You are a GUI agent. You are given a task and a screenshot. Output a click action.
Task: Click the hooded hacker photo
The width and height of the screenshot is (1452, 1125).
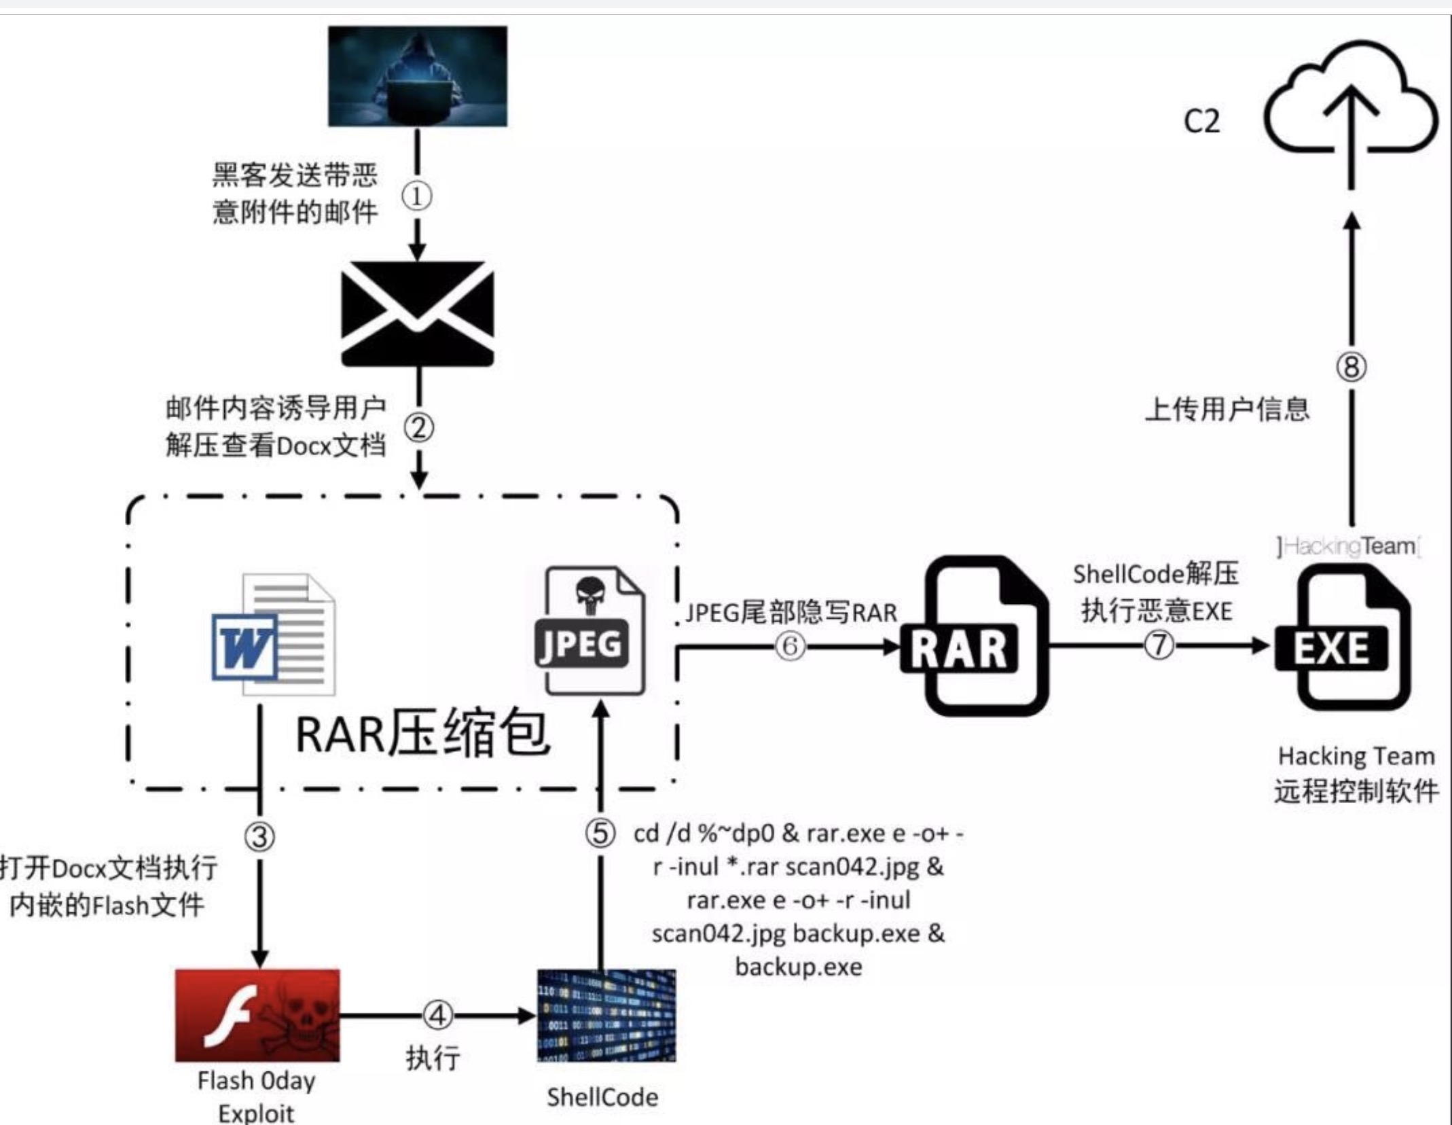[x=417, y=76]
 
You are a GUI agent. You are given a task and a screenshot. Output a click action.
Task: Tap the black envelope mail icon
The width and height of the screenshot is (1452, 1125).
[x=417, y=314]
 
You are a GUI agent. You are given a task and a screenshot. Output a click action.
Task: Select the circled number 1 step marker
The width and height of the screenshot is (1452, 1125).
[x=416, y=197]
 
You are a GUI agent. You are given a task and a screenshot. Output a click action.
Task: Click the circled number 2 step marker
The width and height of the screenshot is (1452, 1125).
[x=419, y=428]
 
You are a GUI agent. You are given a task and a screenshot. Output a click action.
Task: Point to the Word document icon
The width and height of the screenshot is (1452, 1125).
[x=274, y=635]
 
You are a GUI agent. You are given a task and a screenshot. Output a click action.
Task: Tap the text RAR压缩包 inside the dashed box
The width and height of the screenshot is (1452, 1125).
[x=422, y=735]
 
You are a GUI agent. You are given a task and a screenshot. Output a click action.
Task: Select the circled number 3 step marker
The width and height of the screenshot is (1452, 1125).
[x=259, y=837]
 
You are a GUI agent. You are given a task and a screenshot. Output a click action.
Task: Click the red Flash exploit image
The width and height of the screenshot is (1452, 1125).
[x=257, y=1015]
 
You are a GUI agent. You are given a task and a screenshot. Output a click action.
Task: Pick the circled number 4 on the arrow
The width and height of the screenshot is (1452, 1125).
[x=437, y=1016]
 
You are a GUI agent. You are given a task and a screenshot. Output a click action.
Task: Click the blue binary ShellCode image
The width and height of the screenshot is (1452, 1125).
[x=606, y=1015]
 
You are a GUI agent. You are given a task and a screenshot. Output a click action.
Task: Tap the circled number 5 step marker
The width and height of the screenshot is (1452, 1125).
[x=600, y=834]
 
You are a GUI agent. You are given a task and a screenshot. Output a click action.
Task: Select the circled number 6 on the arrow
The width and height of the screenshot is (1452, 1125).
[x=790, y=646]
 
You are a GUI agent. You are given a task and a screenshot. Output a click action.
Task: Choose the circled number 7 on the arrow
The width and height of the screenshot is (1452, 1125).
[x=1159, y=645]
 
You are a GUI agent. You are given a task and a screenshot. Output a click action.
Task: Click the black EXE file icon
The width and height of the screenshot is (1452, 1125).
[x=1342, y=639]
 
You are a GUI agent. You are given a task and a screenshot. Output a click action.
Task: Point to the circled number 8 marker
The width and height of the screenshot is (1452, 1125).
[x=1351, y=368]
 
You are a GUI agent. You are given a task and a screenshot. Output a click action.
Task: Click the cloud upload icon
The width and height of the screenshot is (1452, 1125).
[x=1350, y=102]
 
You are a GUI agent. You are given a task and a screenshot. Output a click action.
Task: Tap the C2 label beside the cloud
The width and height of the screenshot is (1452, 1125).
[x=1201, y=122]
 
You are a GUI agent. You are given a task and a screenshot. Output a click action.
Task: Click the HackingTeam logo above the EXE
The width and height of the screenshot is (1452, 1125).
[x=1347, y=546]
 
